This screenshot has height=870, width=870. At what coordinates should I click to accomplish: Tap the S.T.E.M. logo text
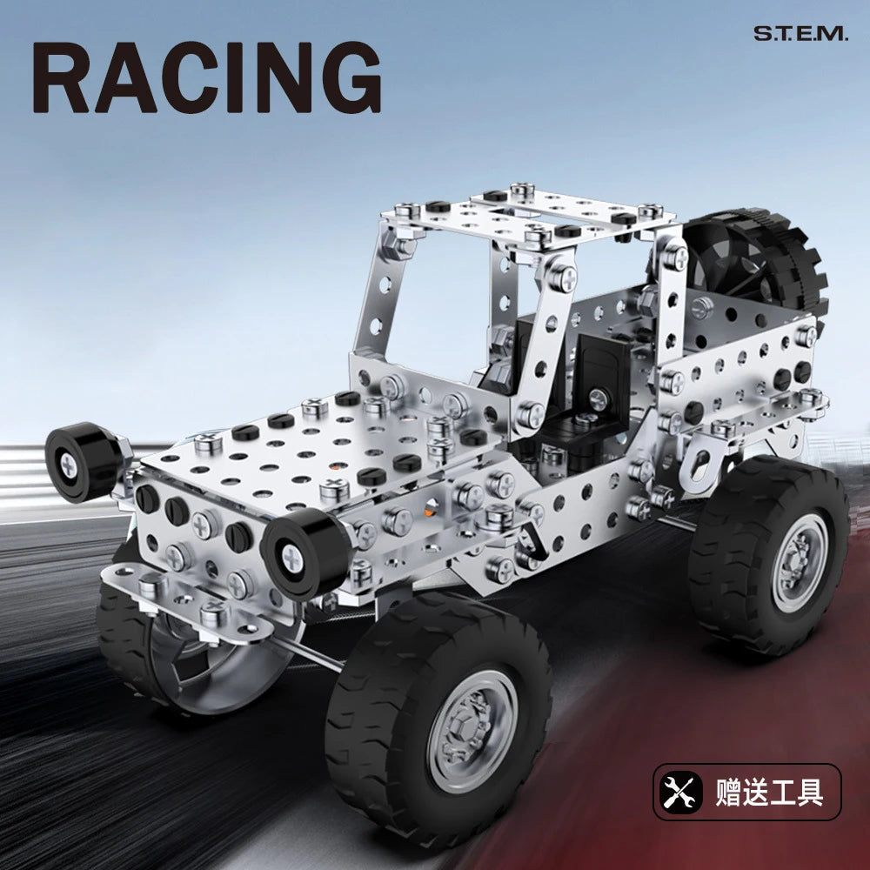click(x=799, y=34)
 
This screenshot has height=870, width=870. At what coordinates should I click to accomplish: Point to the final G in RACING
click(x=346, y=79)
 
